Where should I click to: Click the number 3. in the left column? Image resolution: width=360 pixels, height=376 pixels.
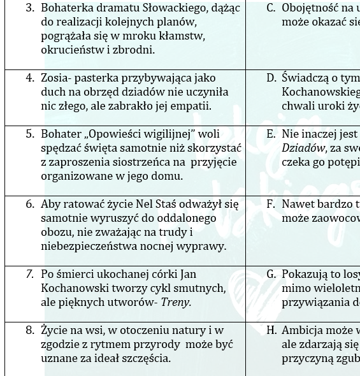(30, 8)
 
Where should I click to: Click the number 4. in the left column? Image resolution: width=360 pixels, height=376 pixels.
(30, 78)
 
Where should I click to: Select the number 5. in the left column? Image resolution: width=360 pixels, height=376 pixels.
(30, 134)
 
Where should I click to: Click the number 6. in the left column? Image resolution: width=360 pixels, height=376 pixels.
(30, 204)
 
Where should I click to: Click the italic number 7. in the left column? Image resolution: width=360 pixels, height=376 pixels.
(30, 274)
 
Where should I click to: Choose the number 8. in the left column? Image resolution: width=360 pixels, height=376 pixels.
(30, 330)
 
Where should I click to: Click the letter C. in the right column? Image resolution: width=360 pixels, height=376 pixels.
(271, 8)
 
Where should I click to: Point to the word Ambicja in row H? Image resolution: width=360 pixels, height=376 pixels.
(303, 330)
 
